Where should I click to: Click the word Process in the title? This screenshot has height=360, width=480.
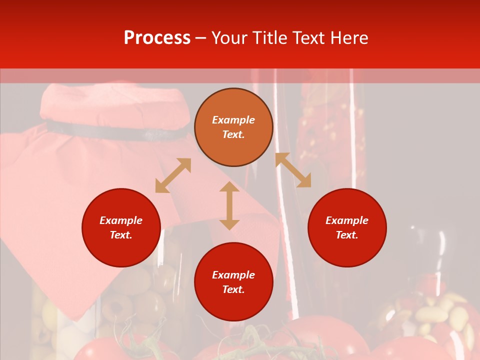click(157, 38)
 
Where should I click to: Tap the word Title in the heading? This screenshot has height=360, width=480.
click(269, 38)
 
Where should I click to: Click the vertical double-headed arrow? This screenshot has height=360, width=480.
click(229, 206)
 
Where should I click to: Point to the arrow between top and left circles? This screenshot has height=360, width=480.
click(173, 175)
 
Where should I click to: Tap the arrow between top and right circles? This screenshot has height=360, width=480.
click(293, 170)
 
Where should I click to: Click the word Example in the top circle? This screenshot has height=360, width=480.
click(233, 120)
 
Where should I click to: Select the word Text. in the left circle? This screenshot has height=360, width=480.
click(121, 235)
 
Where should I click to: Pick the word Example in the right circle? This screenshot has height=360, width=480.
click(347, 220)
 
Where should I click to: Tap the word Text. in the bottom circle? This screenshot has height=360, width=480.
click(233, 289)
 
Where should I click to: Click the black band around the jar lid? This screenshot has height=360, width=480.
click(115, 130)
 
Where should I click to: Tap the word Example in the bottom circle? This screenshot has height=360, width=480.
click(233, 275)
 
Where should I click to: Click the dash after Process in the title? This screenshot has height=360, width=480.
click(201, 38)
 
